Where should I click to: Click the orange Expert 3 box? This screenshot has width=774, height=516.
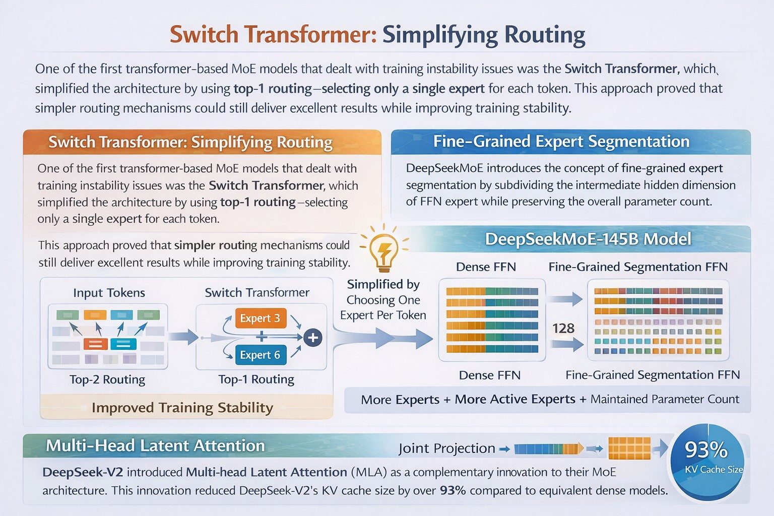(260, 318)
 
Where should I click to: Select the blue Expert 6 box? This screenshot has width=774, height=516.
(260, 355)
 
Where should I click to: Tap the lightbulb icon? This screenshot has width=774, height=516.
(384, 250)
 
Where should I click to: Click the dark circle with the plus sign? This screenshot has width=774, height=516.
(313, 337)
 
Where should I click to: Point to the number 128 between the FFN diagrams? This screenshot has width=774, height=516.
(563, 329)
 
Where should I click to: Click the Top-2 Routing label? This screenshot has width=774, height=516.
(107, 379)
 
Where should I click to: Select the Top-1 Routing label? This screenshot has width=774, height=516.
(256, 379)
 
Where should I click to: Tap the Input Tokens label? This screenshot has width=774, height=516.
(109, 293)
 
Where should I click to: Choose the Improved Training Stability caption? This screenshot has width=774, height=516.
(182, 408)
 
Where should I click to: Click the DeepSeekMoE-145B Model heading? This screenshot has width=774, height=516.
(588, 239)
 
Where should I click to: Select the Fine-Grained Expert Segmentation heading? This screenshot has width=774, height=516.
(561, 142)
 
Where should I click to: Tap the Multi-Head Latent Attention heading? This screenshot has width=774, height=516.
(155, 445)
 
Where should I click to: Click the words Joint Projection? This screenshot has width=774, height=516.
(446, 448)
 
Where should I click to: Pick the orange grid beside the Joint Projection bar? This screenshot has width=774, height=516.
(629, 448)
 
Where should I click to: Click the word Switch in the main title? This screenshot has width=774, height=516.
(204, 35)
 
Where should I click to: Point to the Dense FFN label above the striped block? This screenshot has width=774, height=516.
(486, 267)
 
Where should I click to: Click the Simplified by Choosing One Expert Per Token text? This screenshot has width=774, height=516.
(383, 300)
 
